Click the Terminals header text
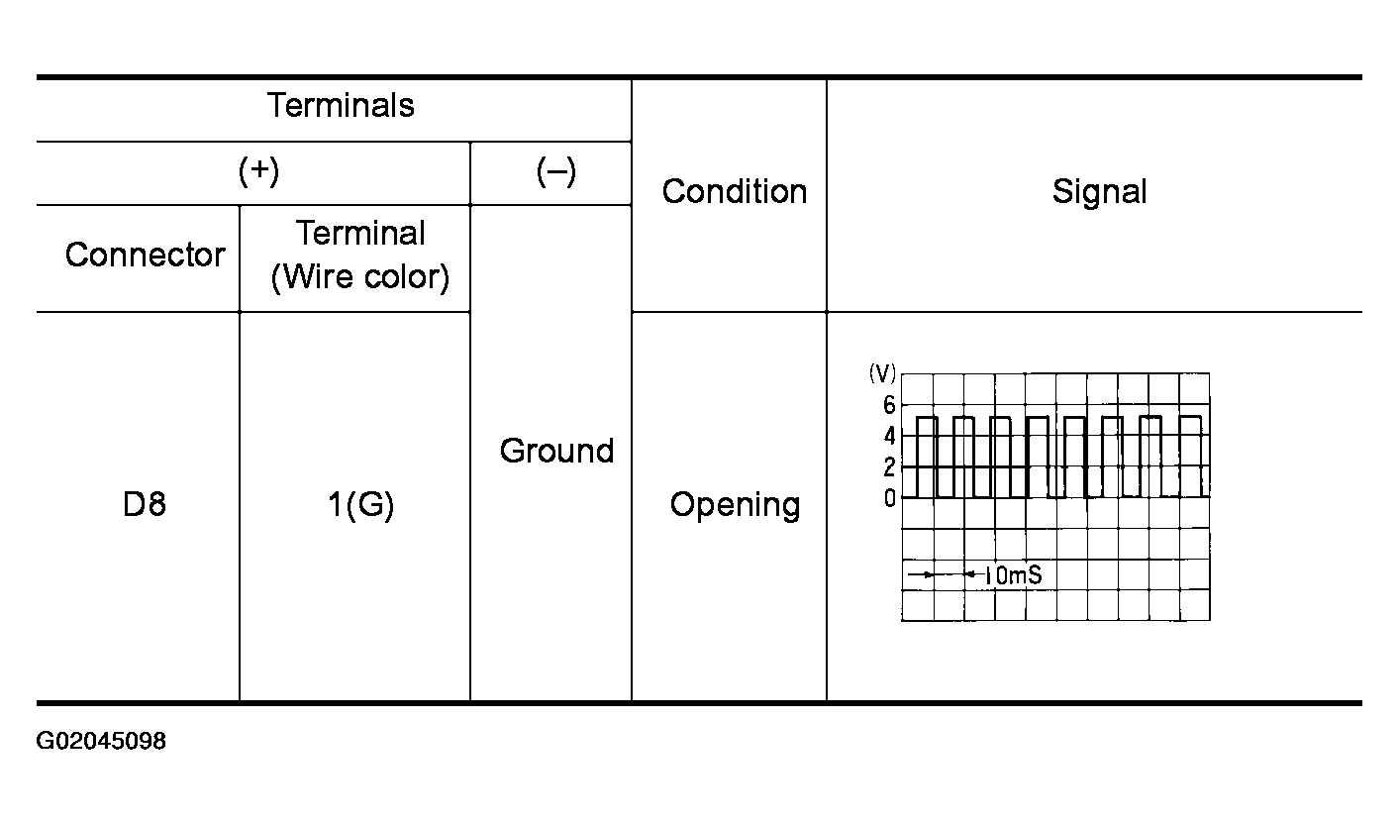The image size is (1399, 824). (x=341, y=106)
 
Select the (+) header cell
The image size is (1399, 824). (x=258, y=171)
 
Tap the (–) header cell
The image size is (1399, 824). (x=555, y=171)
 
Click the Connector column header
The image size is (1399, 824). (x=145, y=256)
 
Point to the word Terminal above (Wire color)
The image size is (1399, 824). (x=360, y=234)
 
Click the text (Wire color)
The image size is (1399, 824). (x=360, y=277)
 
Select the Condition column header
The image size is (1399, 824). (x=734, y=191)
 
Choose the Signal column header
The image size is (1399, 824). (x=1099, y=191)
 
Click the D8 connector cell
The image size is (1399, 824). (x=145, y=505)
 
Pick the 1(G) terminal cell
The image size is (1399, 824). (x=360, y=505)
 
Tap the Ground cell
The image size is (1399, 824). (x=556, y=451)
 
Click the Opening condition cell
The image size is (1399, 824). (x=735, y=505)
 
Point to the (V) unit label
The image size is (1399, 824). (x=882, y=373)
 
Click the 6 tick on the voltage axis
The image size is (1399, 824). (x=889, y=405)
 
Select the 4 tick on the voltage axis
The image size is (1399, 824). (x=889, y=436)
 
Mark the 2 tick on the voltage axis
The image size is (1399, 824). (x=889, y=466)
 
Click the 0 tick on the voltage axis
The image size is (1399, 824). (x=889, y=497)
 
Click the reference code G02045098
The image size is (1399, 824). (x=101, y=742)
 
